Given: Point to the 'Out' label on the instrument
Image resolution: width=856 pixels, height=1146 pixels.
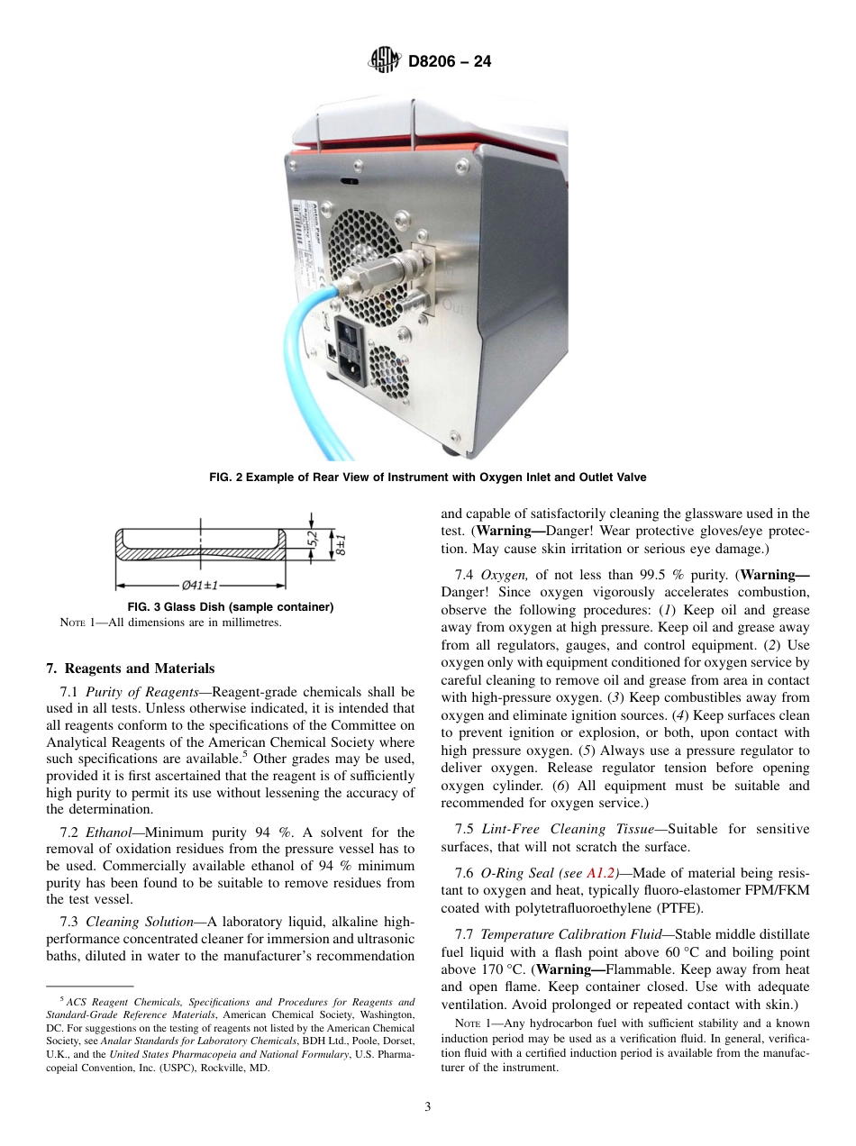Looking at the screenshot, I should tap(453, 306).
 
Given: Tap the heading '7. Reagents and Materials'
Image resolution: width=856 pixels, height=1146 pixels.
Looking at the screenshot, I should tap(130, 668).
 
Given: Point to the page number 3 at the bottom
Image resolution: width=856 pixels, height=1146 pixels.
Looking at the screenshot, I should tap(427, 1107).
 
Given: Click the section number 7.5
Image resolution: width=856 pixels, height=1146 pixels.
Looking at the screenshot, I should tap(466, 829).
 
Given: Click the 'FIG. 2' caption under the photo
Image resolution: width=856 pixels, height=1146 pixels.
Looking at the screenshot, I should tap(427, 477).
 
